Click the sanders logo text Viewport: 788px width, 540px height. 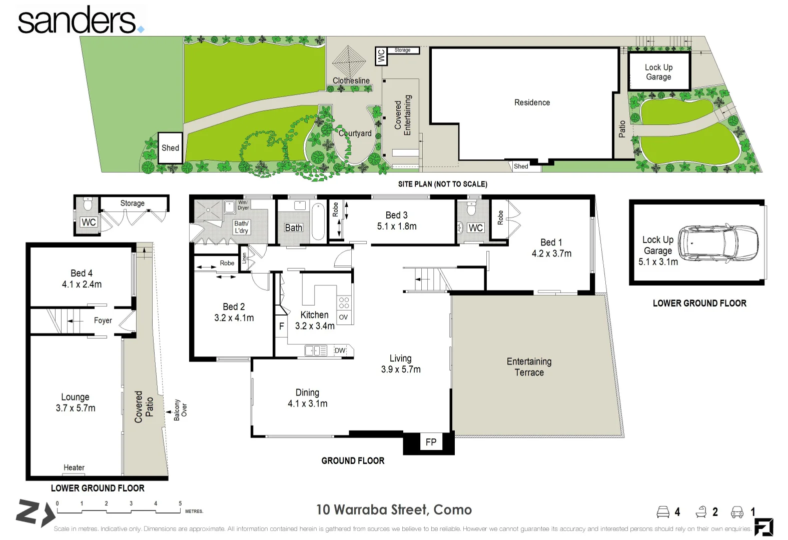coord(78,21)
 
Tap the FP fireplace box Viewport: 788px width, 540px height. coord(431,442)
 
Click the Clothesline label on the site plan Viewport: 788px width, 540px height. coord(351,80)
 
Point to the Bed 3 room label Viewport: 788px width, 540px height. coord(396,215)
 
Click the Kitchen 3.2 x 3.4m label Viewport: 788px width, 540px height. coord(314,320)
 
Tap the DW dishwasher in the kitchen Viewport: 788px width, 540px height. coord(340,350)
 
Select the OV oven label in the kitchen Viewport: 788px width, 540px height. coord(343,317)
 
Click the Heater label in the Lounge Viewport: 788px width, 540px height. coord(74,467)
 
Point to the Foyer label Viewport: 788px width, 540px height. coord(103,320)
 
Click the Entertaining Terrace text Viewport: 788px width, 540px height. coord(529,367)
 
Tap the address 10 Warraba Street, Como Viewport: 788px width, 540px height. coord(394,509)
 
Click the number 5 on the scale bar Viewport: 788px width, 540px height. coord(180,503)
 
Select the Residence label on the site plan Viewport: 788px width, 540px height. coord(532,102)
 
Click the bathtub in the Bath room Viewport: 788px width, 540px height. coord(318,221)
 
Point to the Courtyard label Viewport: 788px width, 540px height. coord(355,133)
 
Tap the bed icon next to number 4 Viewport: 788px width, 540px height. coord(663,512)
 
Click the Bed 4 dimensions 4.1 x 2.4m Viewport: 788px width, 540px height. coord(82,284)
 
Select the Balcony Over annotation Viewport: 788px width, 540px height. coord(180,410)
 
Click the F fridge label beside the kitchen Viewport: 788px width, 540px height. coord(282,326)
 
